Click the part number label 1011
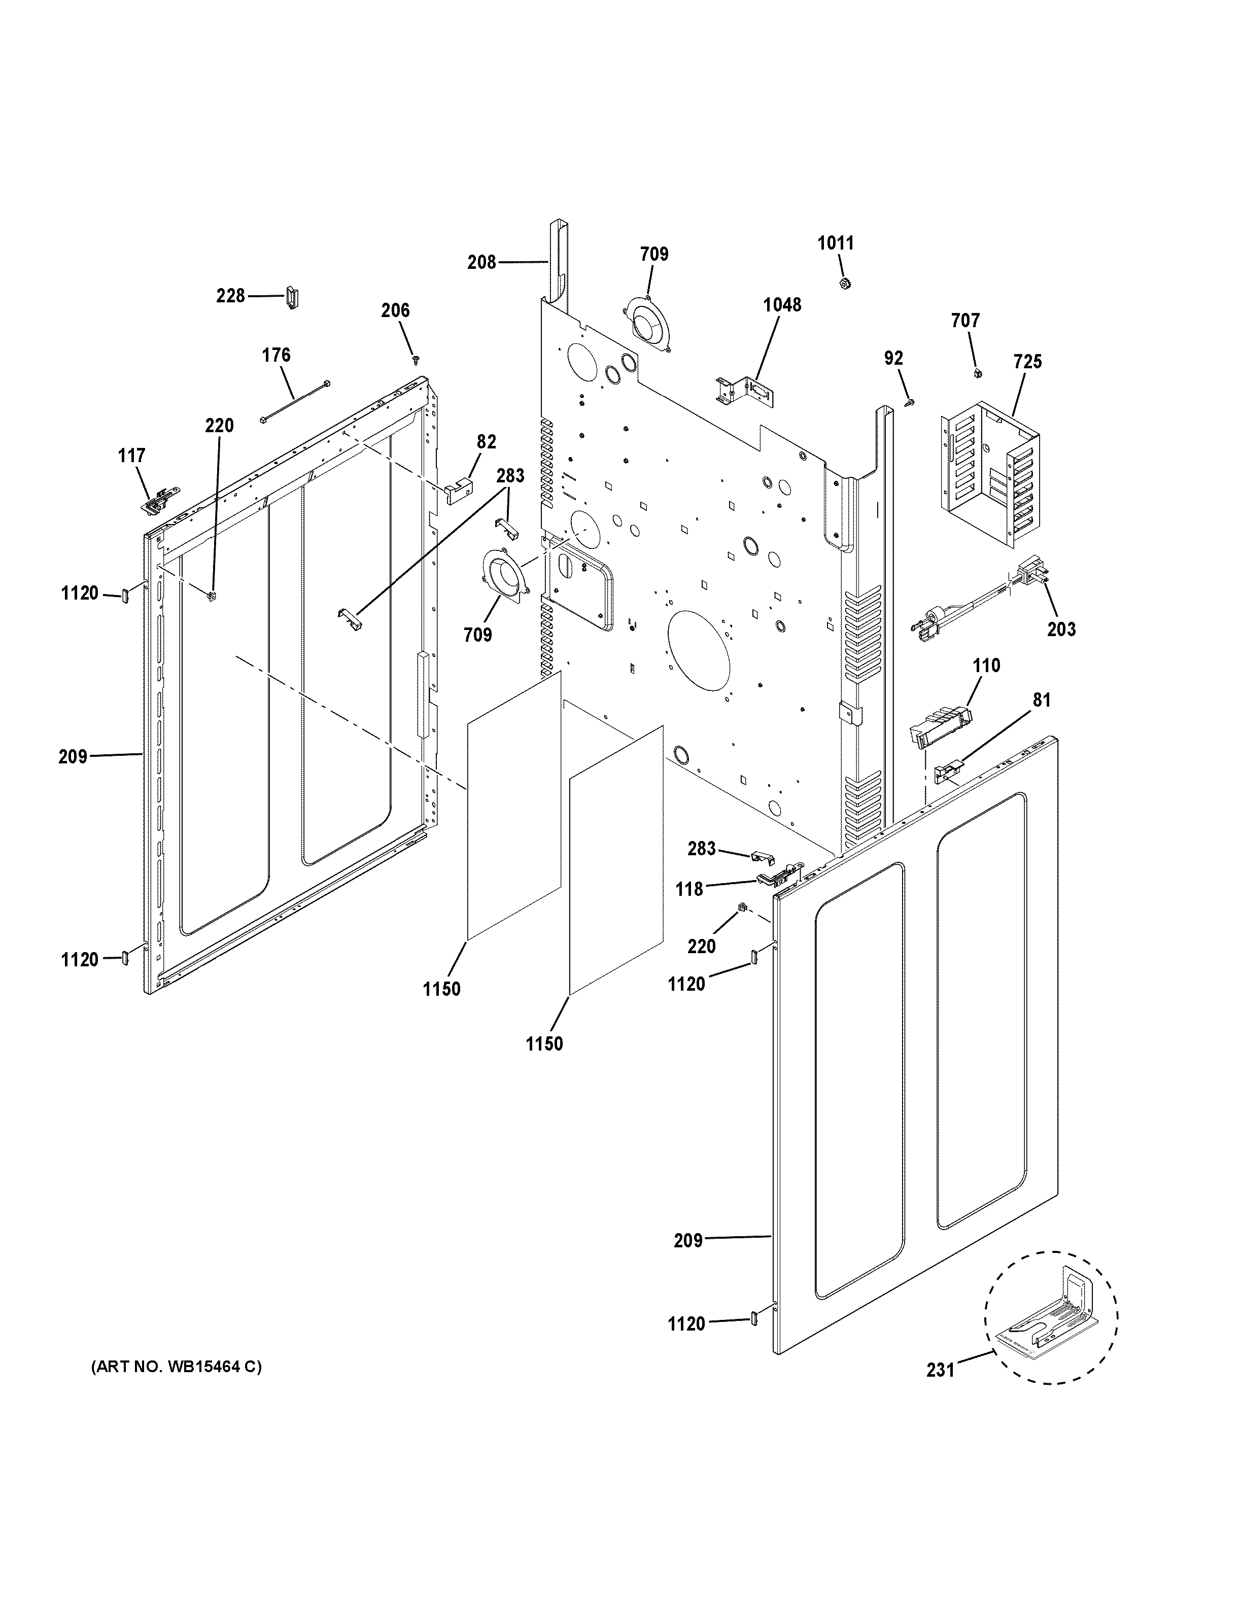point(836,243)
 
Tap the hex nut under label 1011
point(845,283)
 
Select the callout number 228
point(230,296)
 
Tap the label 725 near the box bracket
point(1028,362)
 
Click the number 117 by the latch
point(132,456)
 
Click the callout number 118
point(689,890)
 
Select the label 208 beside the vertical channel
point(482,262)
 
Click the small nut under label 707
point(977,374)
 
